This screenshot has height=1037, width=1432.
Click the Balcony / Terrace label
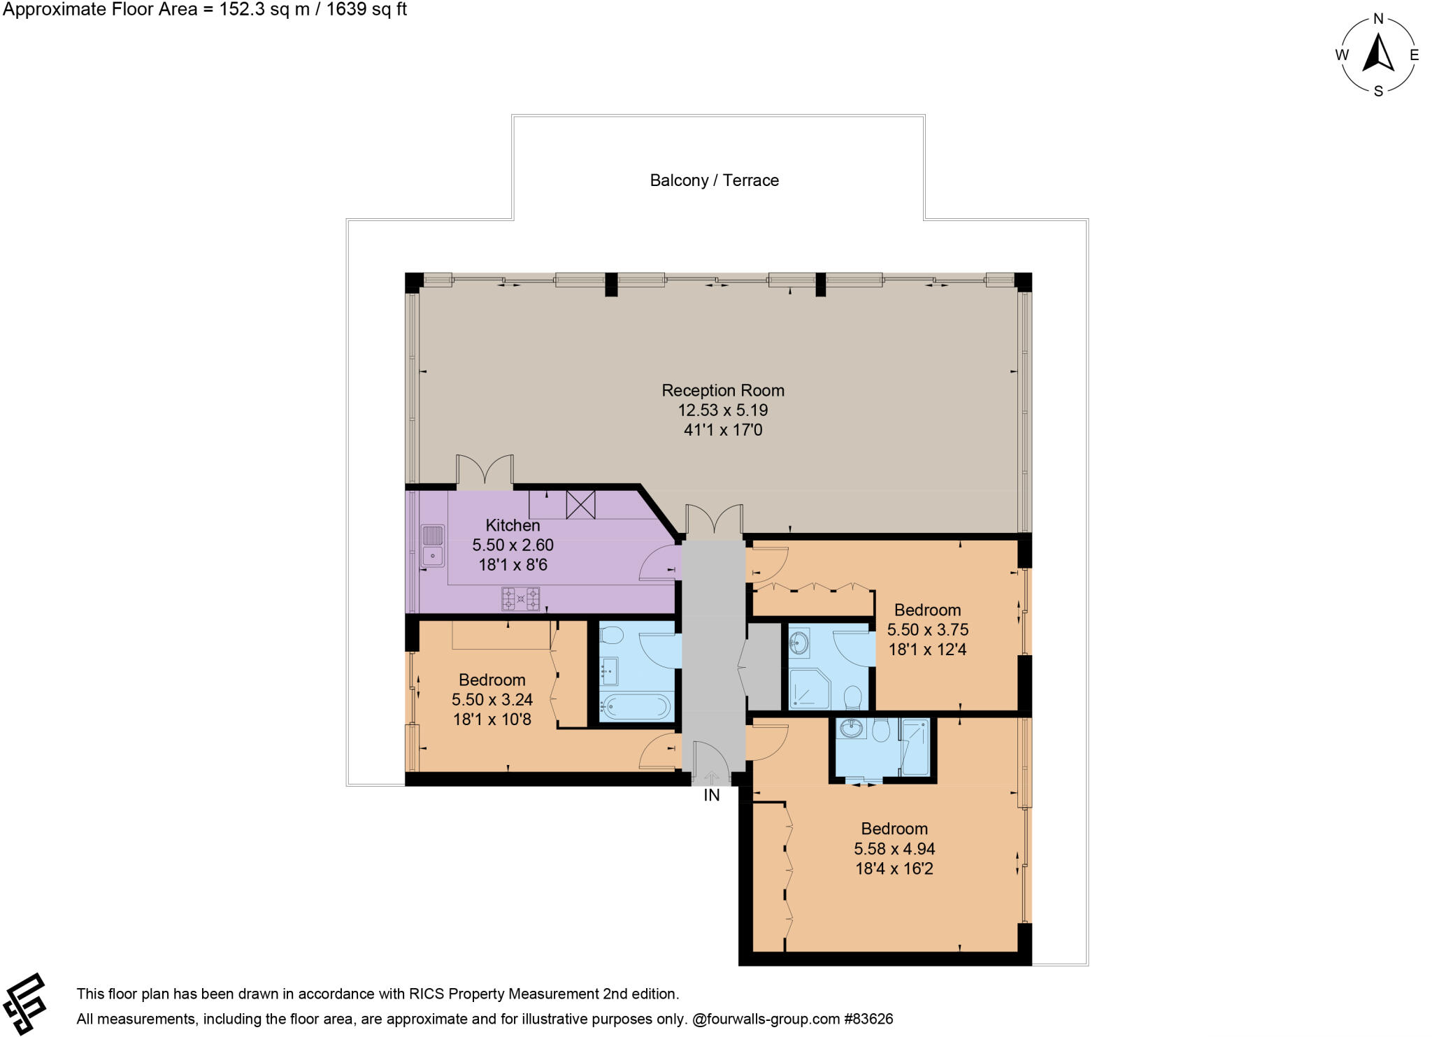point(714,180)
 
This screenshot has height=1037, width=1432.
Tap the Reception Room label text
point(723,390)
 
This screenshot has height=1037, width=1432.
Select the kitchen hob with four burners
point(520,599)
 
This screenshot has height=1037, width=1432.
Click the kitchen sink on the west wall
point(432,546)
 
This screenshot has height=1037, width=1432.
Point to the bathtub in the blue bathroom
point(635,706)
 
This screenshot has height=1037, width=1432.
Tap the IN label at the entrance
point(711,795)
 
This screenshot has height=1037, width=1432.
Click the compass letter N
point(1378,20)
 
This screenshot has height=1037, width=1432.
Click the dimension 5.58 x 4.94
point(894,849)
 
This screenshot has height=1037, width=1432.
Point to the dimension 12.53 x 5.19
point(723,410)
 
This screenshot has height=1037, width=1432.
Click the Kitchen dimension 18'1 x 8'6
point(513,565)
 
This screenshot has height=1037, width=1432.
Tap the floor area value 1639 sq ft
point(364,9)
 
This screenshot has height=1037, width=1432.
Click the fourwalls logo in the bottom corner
point(25,1003)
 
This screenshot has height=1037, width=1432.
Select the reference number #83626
point(868,1019)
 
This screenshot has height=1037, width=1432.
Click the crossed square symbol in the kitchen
point(580,504)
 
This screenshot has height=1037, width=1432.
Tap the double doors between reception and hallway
point(714,522)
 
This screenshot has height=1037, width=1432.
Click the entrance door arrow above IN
point(711,777)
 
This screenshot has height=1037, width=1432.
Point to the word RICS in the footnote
point(427,994)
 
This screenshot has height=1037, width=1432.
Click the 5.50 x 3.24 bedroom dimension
point(492,699)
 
